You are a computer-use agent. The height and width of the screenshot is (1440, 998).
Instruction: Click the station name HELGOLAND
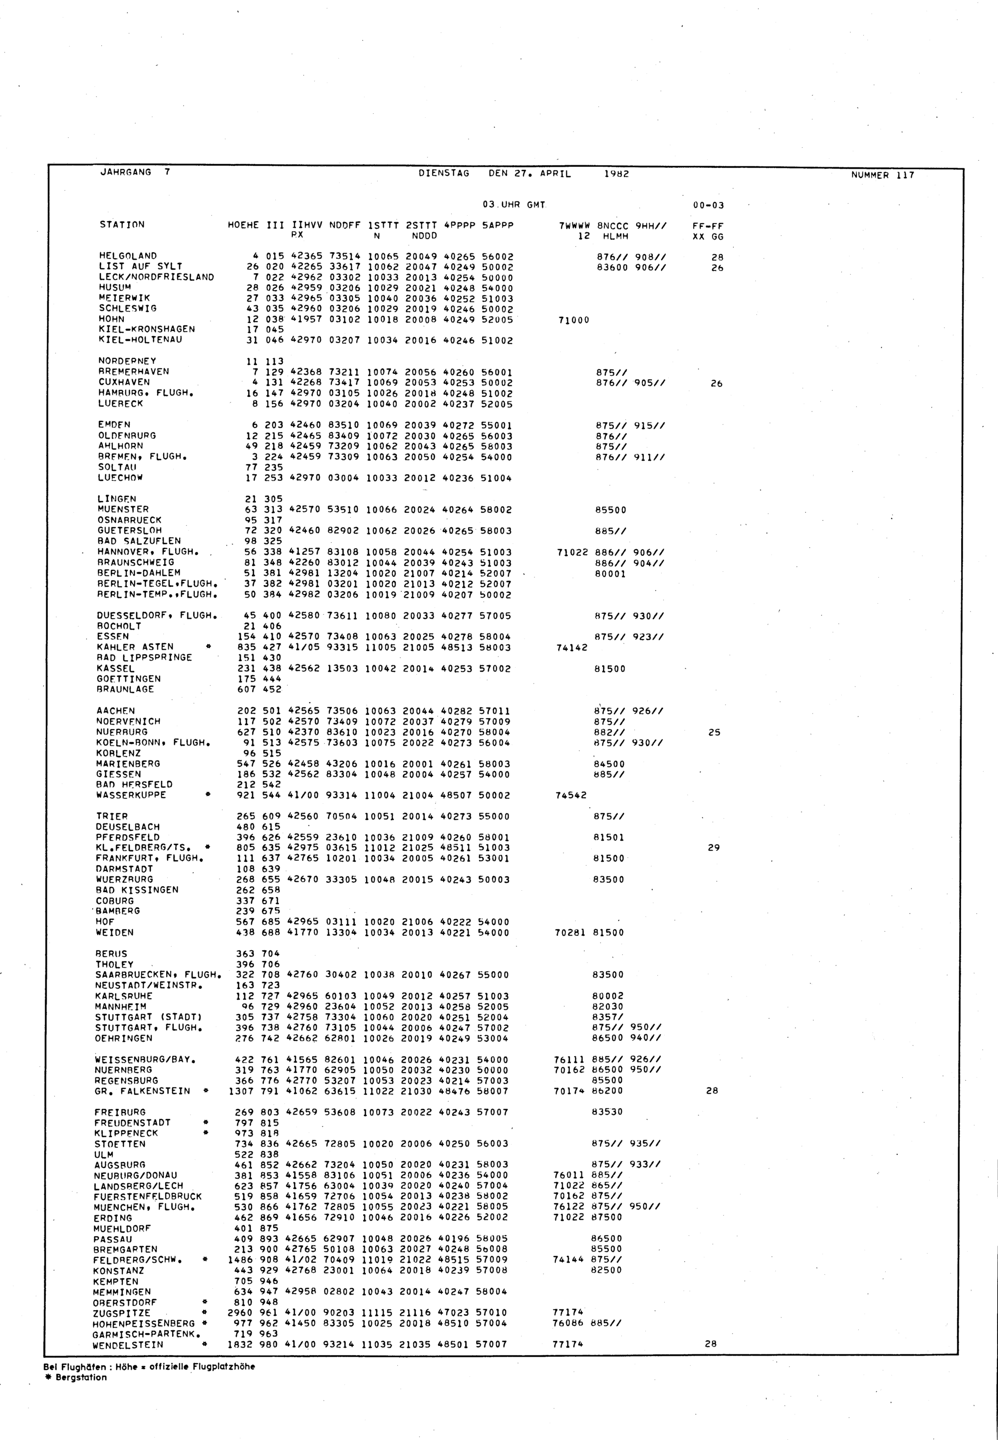point(128,256)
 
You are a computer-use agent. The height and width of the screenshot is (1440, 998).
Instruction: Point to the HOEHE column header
point(243,225)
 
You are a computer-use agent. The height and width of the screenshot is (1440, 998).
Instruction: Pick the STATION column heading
point(122,225)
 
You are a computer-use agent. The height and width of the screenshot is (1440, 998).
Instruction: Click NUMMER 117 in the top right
point(882,175)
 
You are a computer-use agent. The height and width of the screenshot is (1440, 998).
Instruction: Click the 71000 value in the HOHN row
point(573,320)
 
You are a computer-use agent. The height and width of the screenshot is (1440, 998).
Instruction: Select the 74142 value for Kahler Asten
point(571,648)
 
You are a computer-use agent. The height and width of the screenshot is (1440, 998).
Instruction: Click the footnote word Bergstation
point(81,1378)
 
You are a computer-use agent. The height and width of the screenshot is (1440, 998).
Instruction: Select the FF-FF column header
point(708,227)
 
